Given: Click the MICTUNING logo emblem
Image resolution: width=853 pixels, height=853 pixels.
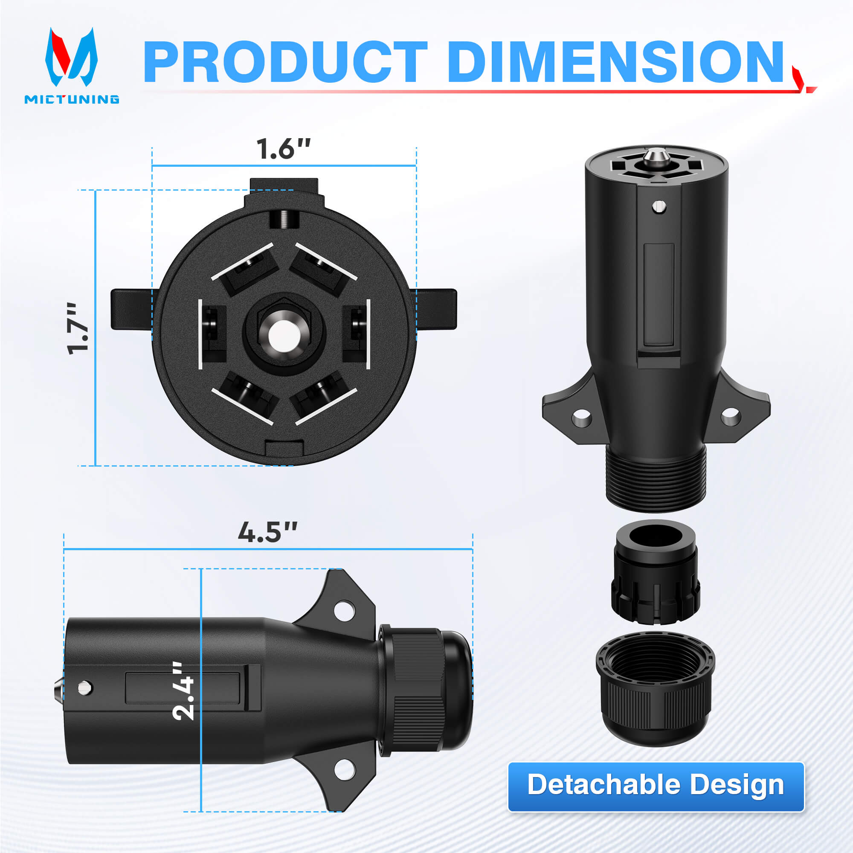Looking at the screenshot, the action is point(71,57).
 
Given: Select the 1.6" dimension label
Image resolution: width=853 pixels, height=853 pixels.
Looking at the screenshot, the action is point(284,149).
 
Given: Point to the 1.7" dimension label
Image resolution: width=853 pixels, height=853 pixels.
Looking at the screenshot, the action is point(78,328).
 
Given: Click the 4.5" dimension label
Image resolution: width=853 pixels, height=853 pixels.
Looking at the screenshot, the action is point(267,532).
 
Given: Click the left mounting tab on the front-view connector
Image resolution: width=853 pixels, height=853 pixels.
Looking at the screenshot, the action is point(133,309).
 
